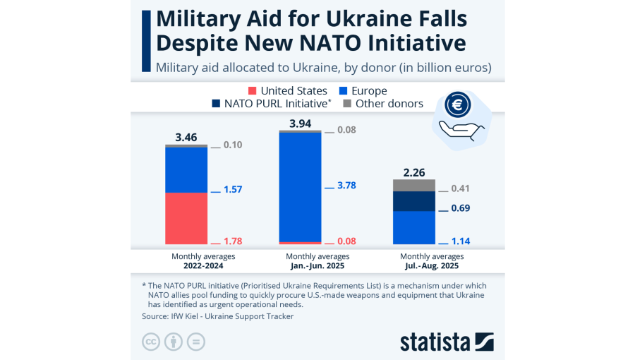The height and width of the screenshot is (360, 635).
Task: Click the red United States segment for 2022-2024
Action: click(x=186, y=218)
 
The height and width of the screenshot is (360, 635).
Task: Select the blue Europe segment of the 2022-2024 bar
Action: click(x=186, y=169)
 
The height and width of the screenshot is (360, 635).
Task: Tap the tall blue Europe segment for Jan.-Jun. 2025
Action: click(x=300, y=187)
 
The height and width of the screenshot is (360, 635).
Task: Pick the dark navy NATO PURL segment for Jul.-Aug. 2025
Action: click(x=413, y=201)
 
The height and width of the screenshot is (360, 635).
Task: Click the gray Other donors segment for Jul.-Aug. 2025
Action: click(x=413, y=185)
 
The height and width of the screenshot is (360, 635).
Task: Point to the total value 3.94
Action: click(x=300, y=124)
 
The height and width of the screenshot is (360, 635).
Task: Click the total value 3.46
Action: click(x=186, y=137)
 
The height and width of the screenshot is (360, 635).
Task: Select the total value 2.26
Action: click(x=413, y=172)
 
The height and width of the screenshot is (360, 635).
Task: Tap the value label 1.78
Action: click(x=233, y=241)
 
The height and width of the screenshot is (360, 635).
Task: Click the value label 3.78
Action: click(x=346, y=186)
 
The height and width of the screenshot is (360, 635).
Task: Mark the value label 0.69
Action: click(x=460, y=208)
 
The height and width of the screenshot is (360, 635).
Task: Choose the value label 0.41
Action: click(x=460, y=188)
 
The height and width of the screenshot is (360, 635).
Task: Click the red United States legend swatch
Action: click(x=252, y=91)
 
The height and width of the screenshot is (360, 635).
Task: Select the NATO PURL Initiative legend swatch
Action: click(x=216, y=104)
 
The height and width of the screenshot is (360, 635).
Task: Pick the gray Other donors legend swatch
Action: click(x=346, y=104)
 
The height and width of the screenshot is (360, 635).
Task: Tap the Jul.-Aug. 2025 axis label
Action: click(x=432, y=266)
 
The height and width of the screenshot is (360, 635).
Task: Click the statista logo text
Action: click(x=435, y=342)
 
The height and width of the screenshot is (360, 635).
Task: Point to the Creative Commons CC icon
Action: click(x=150, y=342)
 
